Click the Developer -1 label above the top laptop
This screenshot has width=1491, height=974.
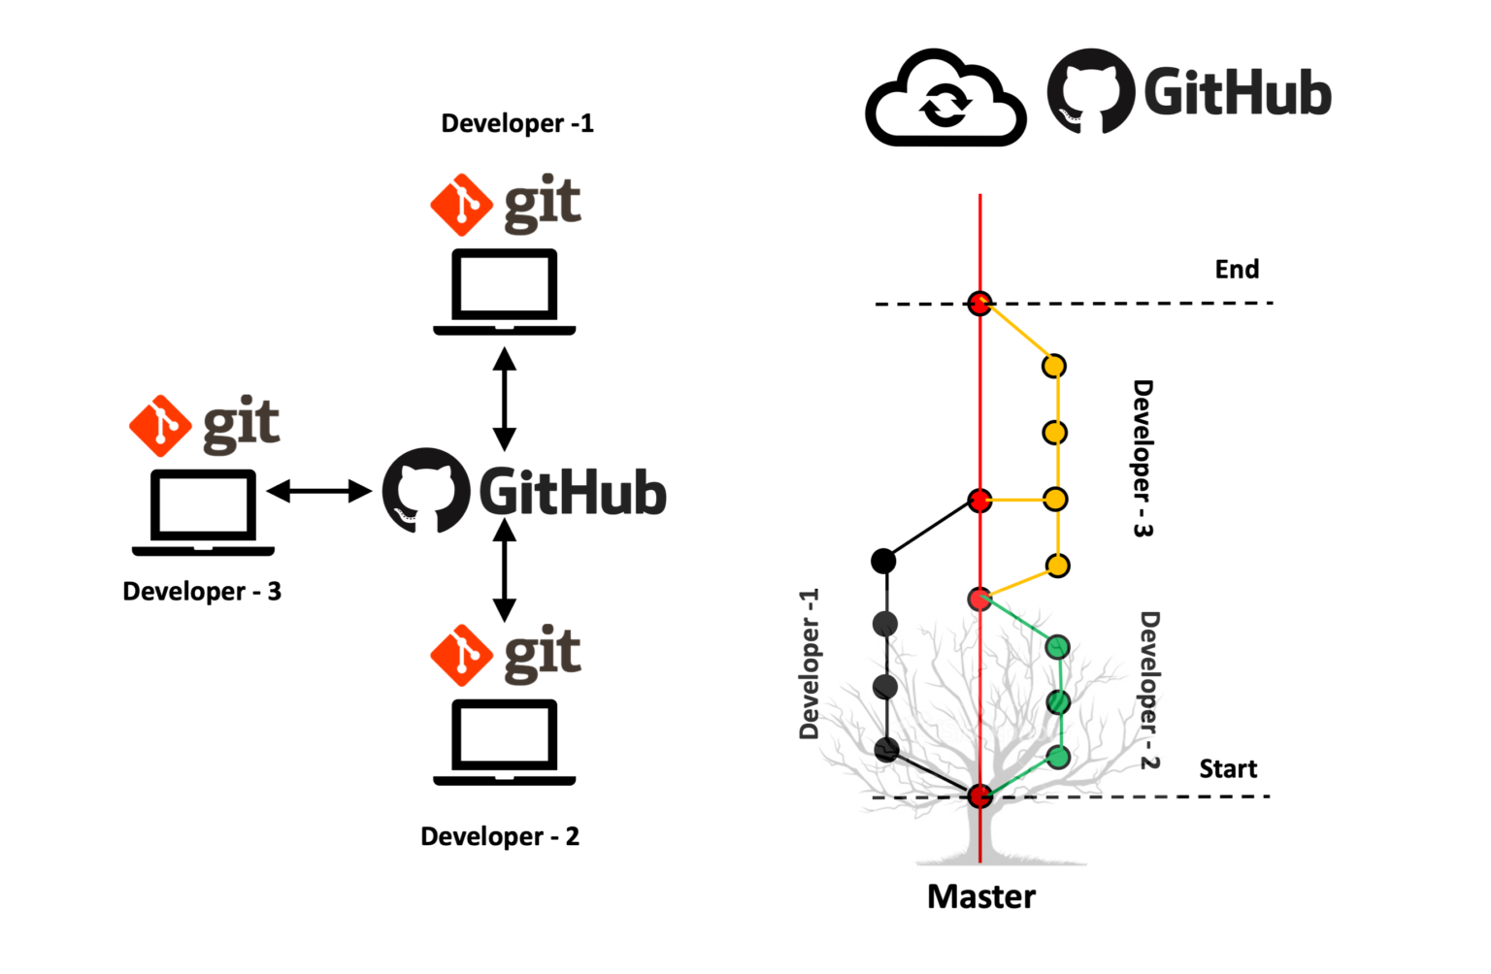click(x=516, y=123)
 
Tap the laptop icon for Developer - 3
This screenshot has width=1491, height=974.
click(x=203, y=512)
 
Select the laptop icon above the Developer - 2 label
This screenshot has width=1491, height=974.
click(x=504, y=741)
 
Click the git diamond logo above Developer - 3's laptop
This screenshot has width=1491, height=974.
click(x=160, y=425)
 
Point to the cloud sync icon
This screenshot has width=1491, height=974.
click(x=944, y=101)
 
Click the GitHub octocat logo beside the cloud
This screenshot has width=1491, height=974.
click(x=1090, y=91)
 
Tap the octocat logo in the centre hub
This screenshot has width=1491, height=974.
click(x=425, y=490)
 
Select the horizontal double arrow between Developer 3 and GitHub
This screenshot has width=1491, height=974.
click(x=319, y=491)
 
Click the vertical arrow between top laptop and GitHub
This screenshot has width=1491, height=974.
click(x=504, y=398)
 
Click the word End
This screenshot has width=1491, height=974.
click(x=1237, y=269)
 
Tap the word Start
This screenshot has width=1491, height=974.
click(x=1228, y=768)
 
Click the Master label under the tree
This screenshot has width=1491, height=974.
click(x=980, y=896)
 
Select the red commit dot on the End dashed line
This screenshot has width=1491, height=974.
click(x=979, y=304)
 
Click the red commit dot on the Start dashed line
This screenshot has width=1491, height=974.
click(x=979, y=796)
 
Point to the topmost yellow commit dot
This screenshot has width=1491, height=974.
click(x=1054, y=366)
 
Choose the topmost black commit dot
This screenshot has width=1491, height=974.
click(x=883, y=560)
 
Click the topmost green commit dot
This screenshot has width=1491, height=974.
click(x=1058, y=646)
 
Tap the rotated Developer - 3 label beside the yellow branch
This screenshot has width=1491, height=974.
click(x=1143, y=458)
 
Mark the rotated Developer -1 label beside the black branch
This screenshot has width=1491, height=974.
click(x=810, y=664)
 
